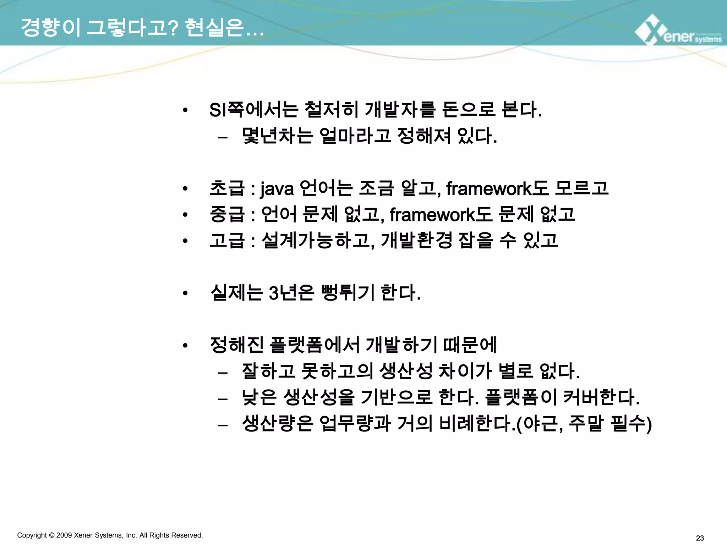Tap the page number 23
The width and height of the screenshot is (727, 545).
click(700, 538)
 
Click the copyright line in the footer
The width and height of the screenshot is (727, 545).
click(110, 535)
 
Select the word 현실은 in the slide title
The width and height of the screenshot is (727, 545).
click(215, 27)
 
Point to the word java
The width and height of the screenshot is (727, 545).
click(277, 188)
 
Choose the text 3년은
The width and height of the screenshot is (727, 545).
click(291, 293)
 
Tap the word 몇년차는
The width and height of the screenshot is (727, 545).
click(277, 136)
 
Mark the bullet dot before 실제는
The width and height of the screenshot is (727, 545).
click(185, 293)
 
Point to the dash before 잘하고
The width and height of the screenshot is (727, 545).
click(223, 373)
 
